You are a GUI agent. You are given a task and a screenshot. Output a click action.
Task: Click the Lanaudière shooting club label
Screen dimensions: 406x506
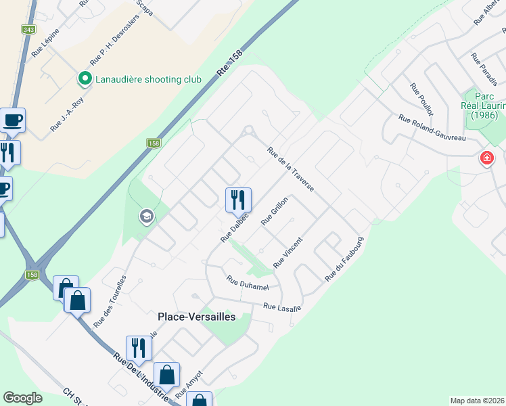[x=148, y=79]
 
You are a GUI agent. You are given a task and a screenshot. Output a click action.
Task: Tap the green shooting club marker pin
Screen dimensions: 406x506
[x=85, y=79]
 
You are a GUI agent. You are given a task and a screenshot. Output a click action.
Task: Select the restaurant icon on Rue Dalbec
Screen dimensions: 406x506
[x=238, y=200]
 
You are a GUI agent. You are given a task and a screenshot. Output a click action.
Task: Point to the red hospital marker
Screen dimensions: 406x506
[x=486, y=159]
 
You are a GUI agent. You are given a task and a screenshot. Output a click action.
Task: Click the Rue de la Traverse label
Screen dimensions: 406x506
[x=290, y=170]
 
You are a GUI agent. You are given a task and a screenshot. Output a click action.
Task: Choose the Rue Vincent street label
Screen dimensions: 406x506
[x=287, y=252]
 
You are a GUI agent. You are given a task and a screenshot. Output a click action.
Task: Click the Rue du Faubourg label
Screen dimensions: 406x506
[x=344, y=259]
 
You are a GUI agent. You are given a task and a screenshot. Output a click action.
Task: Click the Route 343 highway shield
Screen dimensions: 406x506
[x=28, y=30]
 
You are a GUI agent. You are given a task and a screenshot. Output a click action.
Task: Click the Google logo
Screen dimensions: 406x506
[x=22, y=398]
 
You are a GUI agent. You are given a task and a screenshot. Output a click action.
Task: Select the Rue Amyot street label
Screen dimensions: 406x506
[x=189, y=384]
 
